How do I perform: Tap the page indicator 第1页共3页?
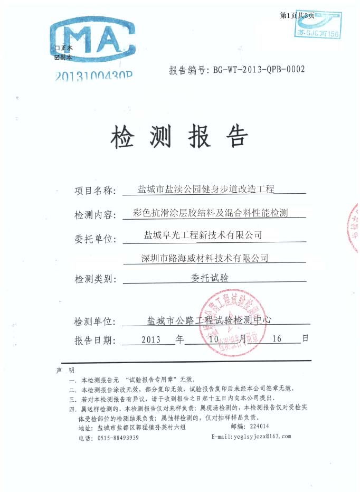click(297, 16)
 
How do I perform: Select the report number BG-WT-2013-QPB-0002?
click(258, 69)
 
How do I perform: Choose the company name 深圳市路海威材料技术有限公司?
click(205, 258)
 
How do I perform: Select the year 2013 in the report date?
click(151, 339)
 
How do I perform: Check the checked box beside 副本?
click(56, 56)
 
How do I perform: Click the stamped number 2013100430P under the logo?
click(93, 75)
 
